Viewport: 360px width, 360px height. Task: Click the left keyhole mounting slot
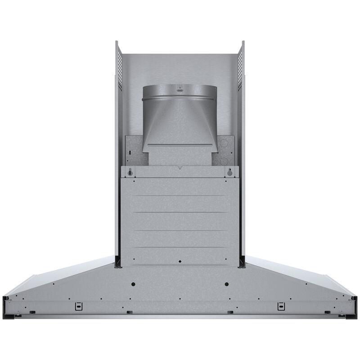coord(130,172)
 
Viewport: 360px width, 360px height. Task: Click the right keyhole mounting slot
coord(230,172)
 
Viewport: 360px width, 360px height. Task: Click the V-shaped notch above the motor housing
coord(180,168)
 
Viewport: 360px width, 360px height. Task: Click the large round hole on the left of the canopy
coord(134,284)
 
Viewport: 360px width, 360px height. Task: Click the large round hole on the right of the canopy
coord(226,284)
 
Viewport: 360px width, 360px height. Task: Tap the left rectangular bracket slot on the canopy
coord(79,306)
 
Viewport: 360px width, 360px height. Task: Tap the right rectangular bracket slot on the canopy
coord(281,306)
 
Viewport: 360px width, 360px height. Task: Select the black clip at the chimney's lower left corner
coord(117,261)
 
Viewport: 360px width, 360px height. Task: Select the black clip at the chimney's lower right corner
coord(243,261)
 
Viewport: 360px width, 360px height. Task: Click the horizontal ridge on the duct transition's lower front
coord(180,145)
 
